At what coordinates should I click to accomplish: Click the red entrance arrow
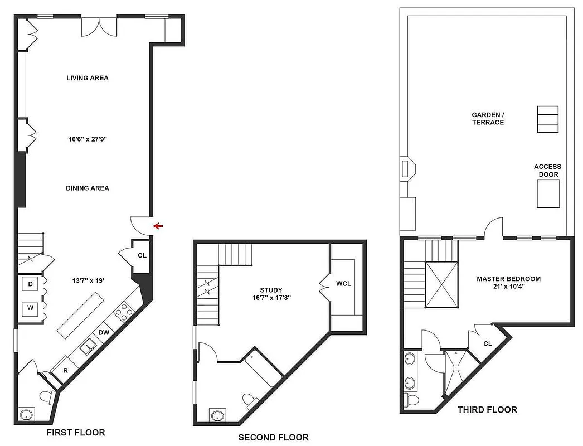(x=158, y=226)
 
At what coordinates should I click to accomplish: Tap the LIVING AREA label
(x=87, y=78)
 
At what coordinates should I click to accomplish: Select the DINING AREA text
(x=87, y=188)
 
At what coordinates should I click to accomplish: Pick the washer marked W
(x=30, y=307)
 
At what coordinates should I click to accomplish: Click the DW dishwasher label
(x=104, y=332)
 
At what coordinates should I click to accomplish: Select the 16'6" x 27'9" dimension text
(x=87, y=139)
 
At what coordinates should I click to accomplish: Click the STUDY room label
(x=271, y=290)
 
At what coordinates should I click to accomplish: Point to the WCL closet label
(x=343, y=284)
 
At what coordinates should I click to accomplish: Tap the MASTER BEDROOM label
(x=508, y=279)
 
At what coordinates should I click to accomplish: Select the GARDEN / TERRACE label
(x=488, y=118)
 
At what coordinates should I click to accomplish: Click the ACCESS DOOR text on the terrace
(x=547, y=171)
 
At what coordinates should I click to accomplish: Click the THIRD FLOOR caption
(x=487, y=410)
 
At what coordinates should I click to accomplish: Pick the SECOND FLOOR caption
(x=273, y=438)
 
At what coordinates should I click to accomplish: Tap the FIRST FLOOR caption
(x=76, y=433)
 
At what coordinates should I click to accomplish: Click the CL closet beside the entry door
(x=142, y=256)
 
